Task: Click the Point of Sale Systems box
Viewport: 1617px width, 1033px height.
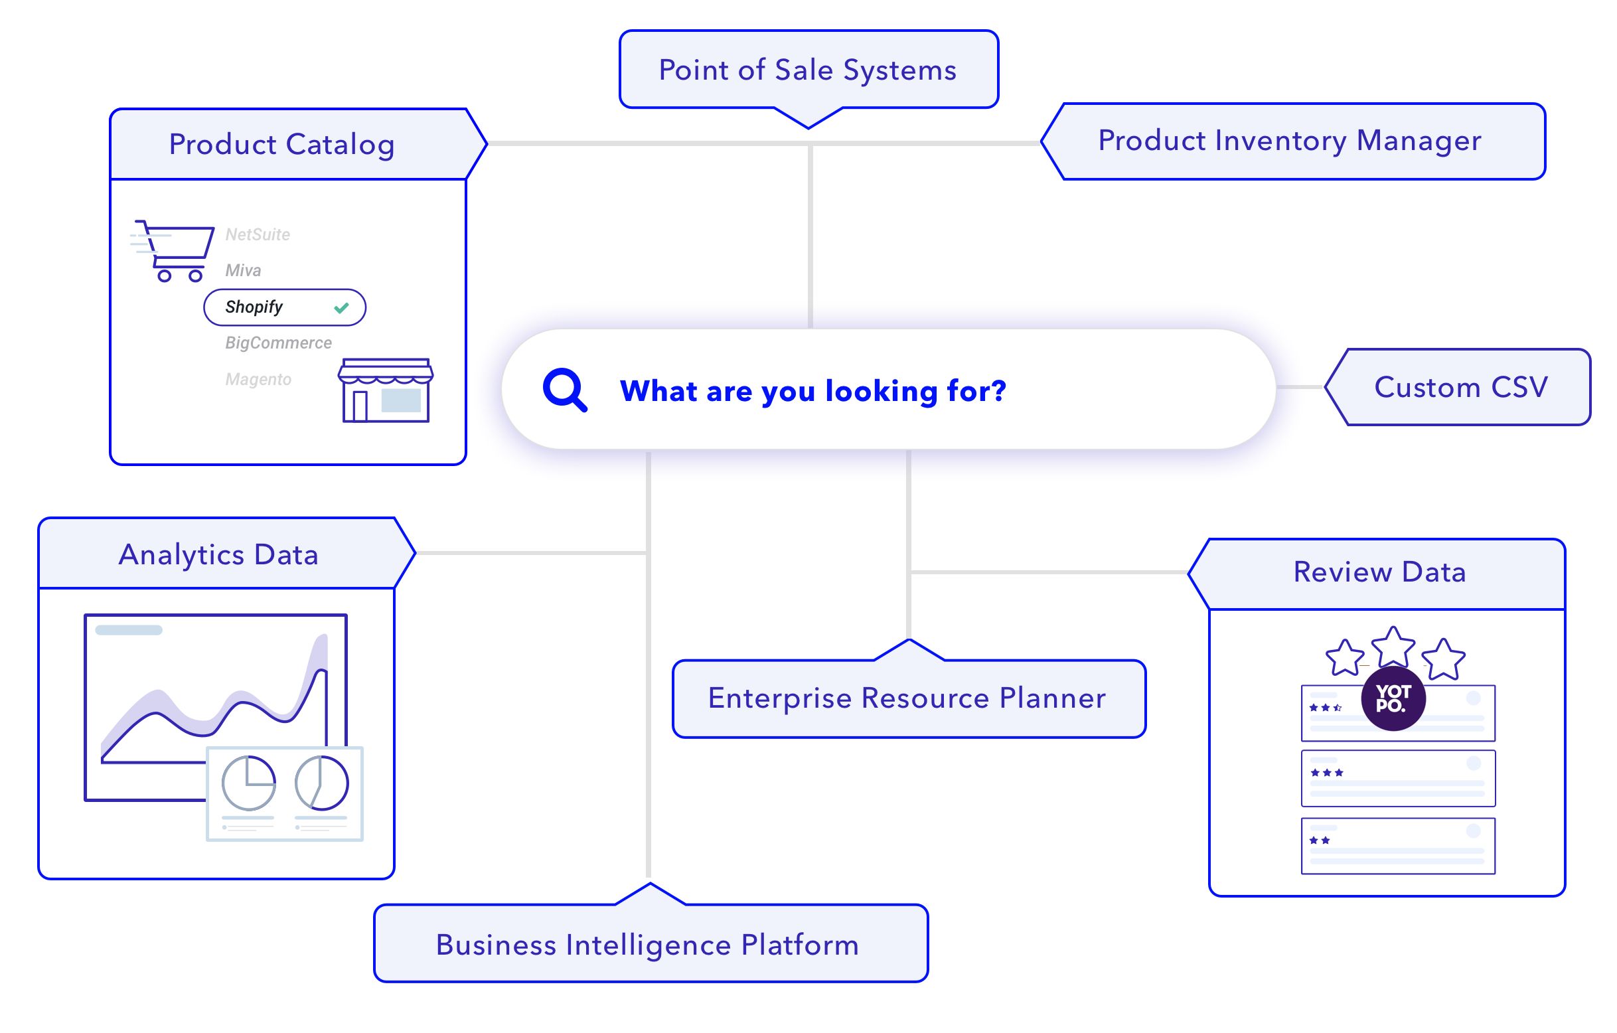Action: (808, 70)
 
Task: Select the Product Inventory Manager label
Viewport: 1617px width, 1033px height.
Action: (1289, 141)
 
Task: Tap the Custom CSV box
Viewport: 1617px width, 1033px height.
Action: (1461, 388)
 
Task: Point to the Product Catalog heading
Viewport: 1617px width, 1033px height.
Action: (282, 145)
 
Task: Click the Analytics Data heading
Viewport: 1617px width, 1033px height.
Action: (218, 555)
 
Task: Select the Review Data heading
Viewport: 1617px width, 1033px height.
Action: (1380, 572)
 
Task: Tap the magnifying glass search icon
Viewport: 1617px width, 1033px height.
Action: (565, 390)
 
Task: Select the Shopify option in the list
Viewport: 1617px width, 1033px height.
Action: (254, 307)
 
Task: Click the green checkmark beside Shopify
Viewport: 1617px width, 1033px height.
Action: (342, 307)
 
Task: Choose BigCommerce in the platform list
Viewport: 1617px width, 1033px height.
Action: (278, 343)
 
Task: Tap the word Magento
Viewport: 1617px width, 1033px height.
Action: (258, 380)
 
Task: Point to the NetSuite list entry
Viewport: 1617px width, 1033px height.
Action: (258, 234)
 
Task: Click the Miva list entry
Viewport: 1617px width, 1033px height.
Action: (243, 271)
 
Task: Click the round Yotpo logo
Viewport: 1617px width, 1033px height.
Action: (1393, 698)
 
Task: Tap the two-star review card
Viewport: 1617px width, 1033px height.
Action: (1397, 846)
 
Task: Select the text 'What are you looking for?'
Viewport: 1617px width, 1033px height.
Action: (812, 391)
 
